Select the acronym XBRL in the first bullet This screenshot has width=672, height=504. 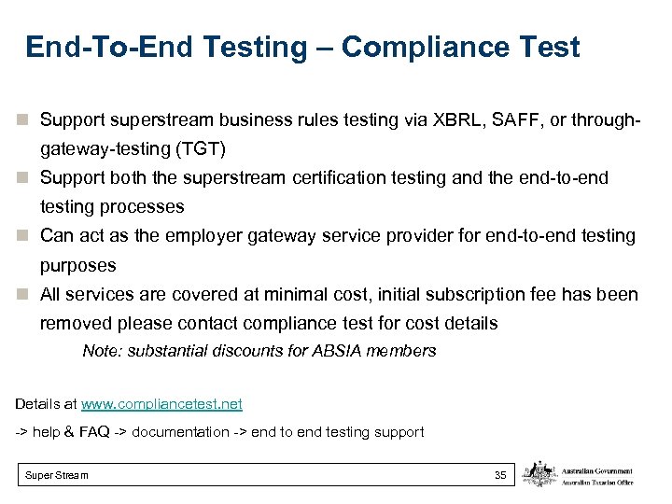(453, 119)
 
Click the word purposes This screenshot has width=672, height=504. (77, 266)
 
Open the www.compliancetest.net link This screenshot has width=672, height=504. (161, 404)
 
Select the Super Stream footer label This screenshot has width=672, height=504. (57, 476)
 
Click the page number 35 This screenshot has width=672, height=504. (500, 476)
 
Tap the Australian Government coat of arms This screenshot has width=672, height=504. (539, 475)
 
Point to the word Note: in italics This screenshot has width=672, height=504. (101, 351)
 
